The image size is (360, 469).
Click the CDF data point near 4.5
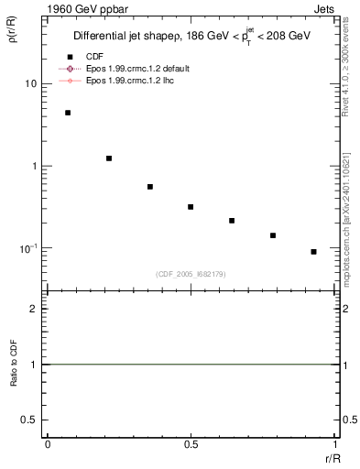[68, 113]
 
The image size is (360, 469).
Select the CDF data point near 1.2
[109, 158]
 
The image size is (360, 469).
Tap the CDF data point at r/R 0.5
[191, 207]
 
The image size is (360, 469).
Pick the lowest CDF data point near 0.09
[313, 252]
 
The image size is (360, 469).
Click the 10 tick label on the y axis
[30, 84]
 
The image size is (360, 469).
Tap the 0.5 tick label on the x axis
[191, 444]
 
